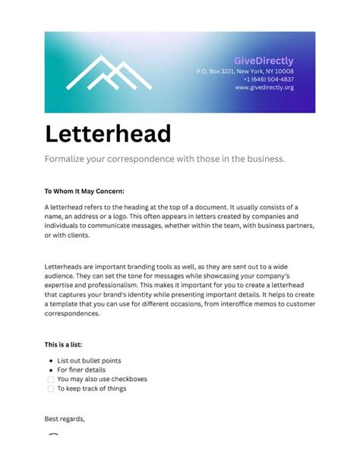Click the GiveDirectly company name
(x=264, y=61)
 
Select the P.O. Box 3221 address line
(x=245, y=71)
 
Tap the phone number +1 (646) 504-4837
(x=268, y=79)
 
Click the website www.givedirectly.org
(x=264, y=87)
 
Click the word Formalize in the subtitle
(x=66, y=160)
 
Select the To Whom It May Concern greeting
(x=84, y=191)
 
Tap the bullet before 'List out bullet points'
(x=50, y=360)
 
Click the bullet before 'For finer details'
(x=50, y=370)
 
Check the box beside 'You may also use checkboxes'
(x=50, y=379)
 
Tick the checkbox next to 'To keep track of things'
(x=50, y=388)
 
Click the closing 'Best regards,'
(x=65, y=419)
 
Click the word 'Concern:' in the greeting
(x=109, y=191)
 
